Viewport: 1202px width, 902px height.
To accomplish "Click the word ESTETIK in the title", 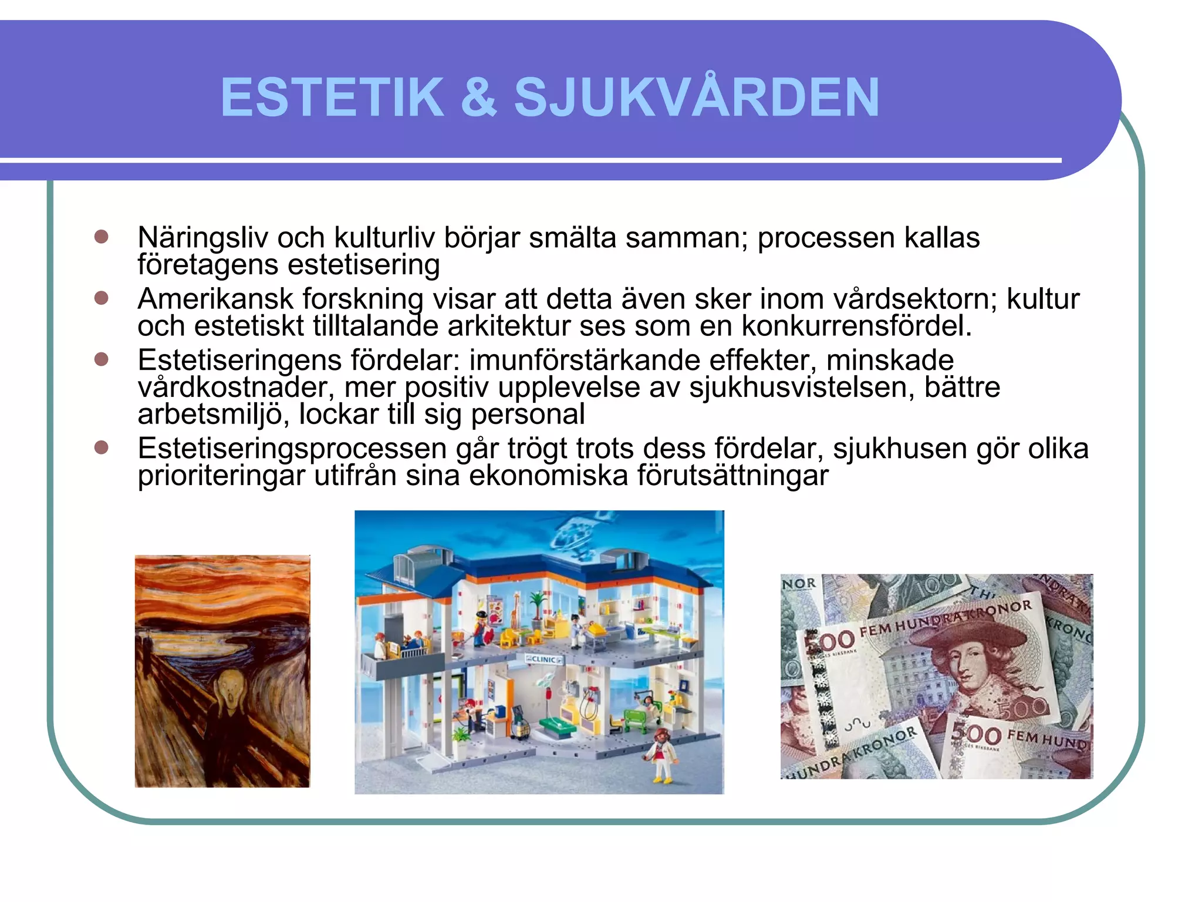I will coord(332,97).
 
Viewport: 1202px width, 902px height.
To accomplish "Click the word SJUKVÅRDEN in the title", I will coord(697,97).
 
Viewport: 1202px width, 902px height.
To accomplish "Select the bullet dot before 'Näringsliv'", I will coord(102,237).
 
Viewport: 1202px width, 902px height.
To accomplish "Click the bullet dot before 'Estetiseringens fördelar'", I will coord(102,359).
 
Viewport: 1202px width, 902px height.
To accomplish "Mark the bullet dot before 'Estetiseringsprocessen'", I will coord(102,447).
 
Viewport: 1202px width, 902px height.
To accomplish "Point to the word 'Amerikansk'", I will coord(215,299).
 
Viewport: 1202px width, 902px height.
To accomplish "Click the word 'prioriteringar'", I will coord(221,476).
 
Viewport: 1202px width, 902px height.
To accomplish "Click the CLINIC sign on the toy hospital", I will coord(543,659).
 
